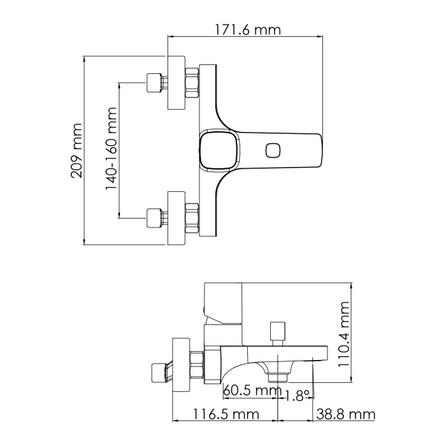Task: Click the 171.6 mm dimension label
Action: (x=245, y=29)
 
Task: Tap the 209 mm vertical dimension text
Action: (x=76, y=151)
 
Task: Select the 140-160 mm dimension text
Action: (x=111, y=151)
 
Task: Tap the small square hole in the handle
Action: (x=273, y=151)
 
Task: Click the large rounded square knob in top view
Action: (x=218, y=151)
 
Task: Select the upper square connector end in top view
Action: (x=154, y=84)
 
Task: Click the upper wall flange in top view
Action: (x=176, y=83)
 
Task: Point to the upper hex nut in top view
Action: (x=192, y=83)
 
